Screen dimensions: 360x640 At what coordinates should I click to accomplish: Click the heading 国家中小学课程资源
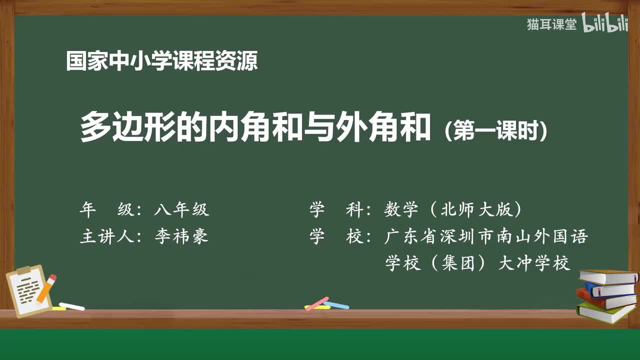point(162,61)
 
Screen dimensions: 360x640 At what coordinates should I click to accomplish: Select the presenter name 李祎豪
point(181,236)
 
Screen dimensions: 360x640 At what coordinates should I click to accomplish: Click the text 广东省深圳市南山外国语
point(485,236)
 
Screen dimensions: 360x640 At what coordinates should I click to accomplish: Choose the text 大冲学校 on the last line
point(534,263)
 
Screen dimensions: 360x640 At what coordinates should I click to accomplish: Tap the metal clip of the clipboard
point(24,270)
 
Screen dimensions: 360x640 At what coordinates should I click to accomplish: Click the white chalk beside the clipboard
point(72,306)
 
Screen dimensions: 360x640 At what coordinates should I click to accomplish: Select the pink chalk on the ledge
point(316,303)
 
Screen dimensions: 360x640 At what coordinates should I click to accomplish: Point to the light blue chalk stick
point(337,305)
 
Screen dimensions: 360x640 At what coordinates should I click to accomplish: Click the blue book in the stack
point(609,289)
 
